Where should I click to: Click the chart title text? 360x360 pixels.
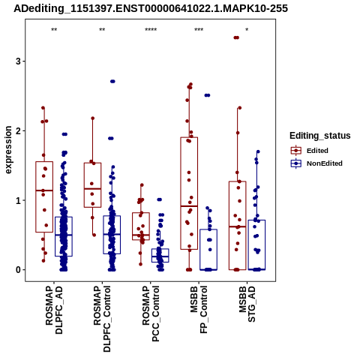coord(151,8)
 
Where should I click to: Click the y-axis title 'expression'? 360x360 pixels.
coord(8,150)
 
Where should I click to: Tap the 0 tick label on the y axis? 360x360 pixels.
coord(18,270)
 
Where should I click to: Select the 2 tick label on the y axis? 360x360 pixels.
coord(18,130)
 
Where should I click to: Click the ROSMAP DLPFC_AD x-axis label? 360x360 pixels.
coord(54,310)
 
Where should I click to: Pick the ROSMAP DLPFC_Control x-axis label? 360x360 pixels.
coord(102,319)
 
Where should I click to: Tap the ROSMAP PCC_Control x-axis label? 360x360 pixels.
coord(151,313)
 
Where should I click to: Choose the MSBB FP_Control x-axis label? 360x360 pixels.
coord(199,310)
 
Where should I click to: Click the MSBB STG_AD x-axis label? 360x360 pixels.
coord(247,304)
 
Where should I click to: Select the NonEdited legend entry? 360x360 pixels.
coord(316,163)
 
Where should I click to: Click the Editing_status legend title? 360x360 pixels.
coord(320,136)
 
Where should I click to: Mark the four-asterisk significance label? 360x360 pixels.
coord(151,30)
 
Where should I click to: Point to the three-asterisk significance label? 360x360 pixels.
coord(199,30)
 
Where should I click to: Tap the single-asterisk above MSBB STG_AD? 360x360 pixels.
coord(247,30)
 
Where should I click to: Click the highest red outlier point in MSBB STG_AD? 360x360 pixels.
coord(236,37)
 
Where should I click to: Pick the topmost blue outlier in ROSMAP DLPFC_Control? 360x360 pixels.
coord(112,82)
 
